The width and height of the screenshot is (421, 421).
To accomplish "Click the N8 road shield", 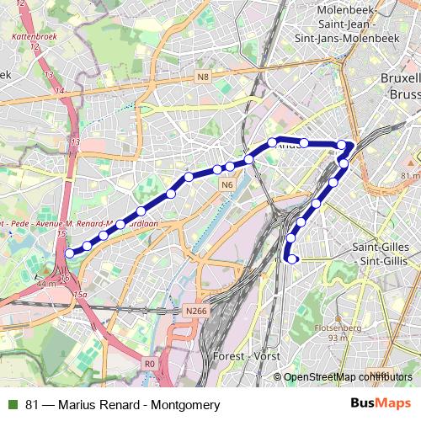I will coord(203,77).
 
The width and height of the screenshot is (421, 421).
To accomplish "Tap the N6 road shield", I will coord(226,184).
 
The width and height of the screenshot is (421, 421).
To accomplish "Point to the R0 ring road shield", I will coord(150,364).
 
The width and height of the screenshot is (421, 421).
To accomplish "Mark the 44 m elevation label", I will coord(47,285).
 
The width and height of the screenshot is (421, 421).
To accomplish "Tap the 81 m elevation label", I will coord(410,175).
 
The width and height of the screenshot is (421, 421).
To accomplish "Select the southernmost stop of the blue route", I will coord(292,259).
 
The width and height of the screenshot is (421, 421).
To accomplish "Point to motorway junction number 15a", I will coord(80,294).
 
